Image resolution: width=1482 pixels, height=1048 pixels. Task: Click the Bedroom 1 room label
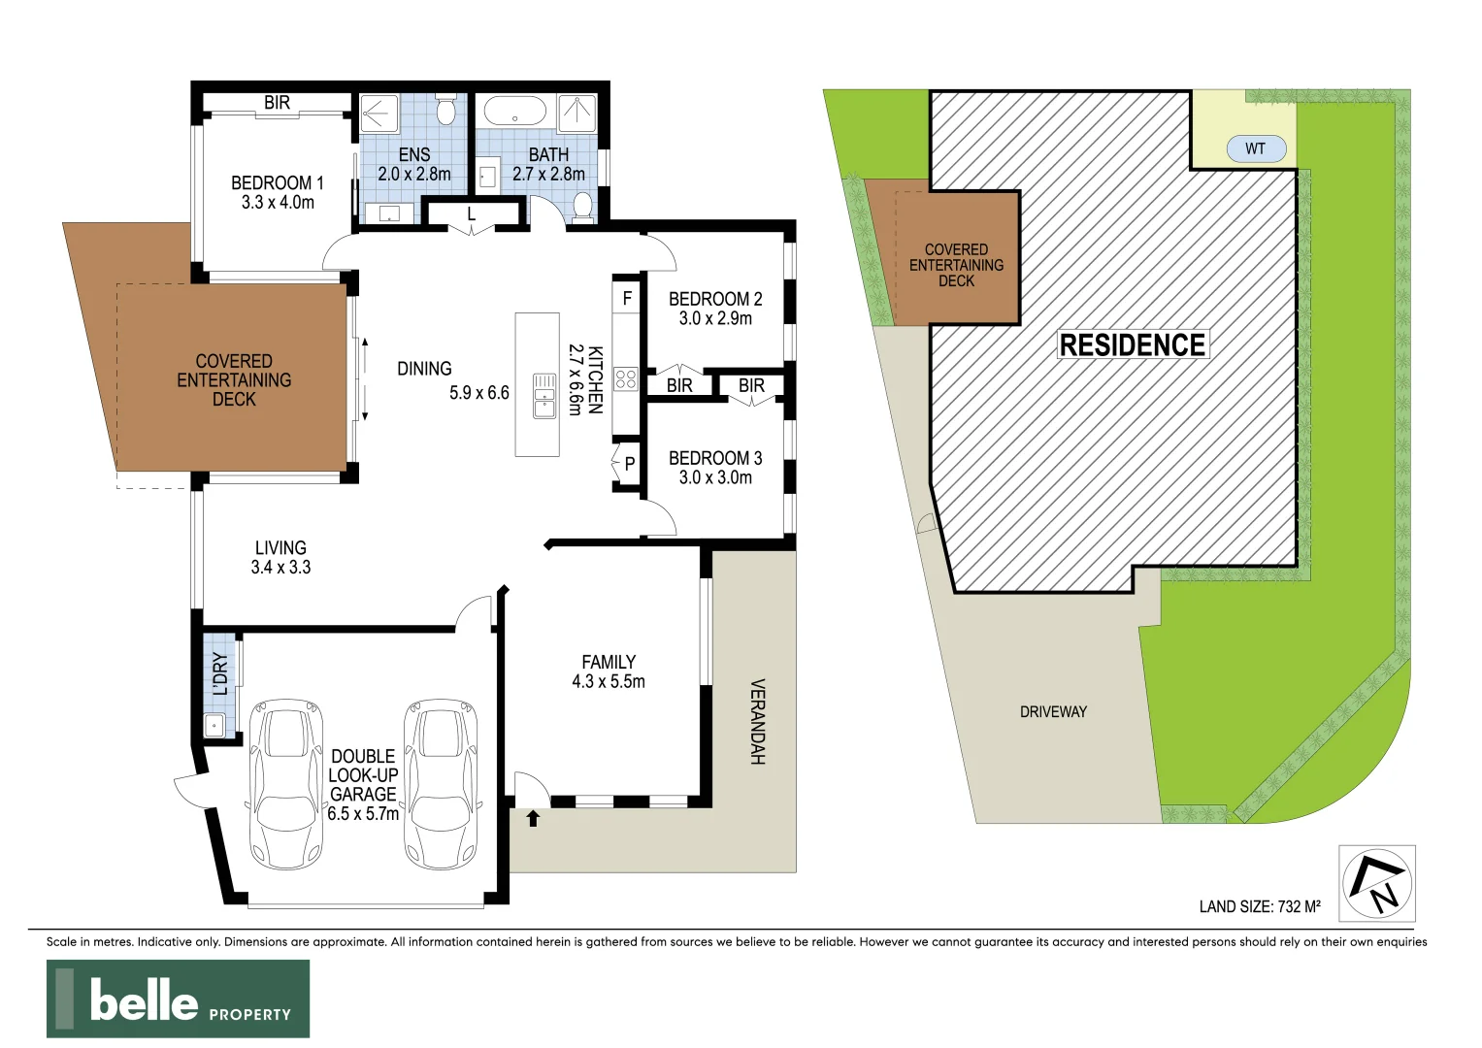click(x=277, y=192)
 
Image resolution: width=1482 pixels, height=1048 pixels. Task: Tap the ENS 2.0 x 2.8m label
click(x=413, y=164)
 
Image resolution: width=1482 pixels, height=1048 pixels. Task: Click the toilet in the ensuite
click(x=446, y=110)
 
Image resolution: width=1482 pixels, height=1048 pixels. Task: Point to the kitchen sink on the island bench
click(x=544, y=396)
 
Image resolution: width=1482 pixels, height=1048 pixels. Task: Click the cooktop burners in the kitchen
click(x=626, y=378)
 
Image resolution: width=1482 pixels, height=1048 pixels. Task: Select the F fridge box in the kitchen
click(x=627, y=298)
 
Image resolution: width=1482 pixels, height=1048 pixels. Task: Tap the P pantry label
click(x=629, y=464)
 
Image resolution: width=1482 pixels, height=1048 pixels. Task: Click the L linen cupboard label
click(x=472, y=213)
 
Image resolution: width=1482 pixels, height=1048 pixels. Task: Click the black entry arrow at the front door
click(x=533, y=818)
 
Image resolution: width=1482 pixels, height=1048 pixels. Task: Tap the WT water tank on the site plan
click(x=1255, y=148)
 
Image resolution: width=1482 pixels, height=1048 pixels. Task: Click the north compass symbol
click(x=1376, y=883)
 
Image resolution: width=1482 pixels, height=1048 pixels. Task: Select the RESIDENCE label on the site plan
click(x=1132, y=344)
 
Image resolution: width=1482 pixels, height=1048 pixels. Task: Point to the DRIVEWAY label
click(x=1053, y=711)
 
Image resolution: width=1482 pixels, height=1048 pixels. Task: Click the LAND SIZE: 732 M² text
click(x=1259, y=906)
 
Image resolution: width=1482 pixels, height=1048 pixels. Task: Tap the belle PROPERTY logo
click(x=179, y=999)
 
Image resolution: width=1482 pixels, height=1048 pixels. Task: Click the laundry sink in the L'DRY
click(x=214, y=724)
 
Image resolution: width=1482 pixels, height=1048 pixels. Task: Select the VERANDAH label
click(x=757, y=721)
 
